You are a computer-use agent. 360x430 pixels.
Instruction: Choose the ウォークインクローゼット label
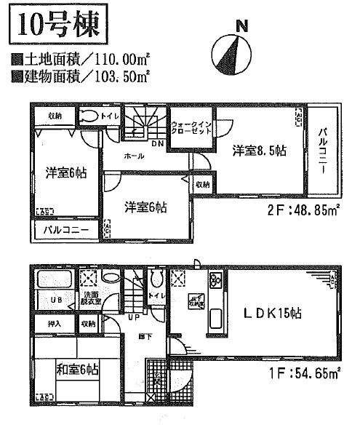tap(191, 129)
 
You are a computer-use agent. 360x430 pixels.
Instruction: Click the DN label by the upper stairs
tap(157, 143)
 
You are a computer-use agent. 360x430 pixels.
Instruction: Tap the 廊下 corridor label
tap(145, 337)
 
